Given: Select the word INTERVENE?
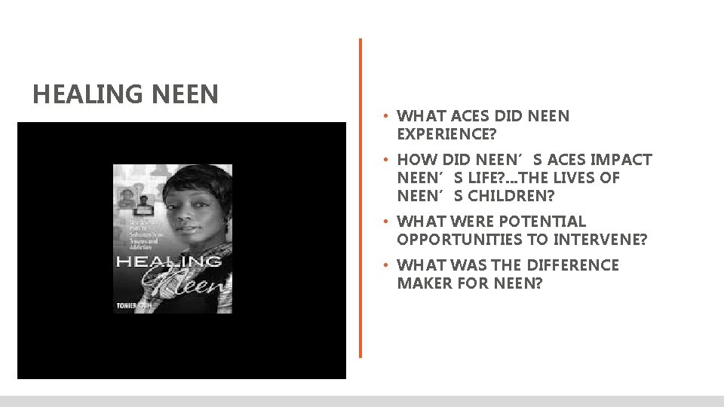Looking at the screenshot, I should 591,240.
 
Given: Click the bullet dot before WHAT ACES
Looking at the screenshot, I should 385,117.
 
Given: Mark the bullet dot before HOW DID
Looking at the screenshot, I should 385,161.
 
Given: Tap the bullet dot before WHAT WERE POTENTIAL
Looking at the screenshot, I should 385,222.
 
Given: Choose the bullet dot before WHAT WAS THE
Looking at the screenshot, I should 385,266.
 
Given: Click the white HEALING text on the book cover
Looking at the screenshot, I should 167,262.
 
